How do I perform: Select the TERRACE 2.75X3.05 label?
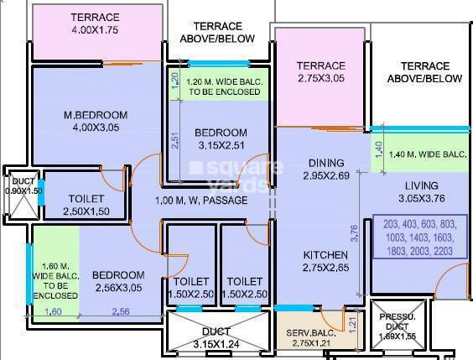(x=321, y=72)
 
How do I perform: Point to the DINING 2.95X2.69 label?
(x=325, y=170)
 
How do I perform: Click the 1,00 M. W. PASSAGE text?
(x=201, y=201)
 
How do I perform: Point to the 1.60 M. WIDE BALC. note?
(x=55, y=279)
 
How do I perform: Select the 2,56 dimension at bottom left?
(x=121, y=313)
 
